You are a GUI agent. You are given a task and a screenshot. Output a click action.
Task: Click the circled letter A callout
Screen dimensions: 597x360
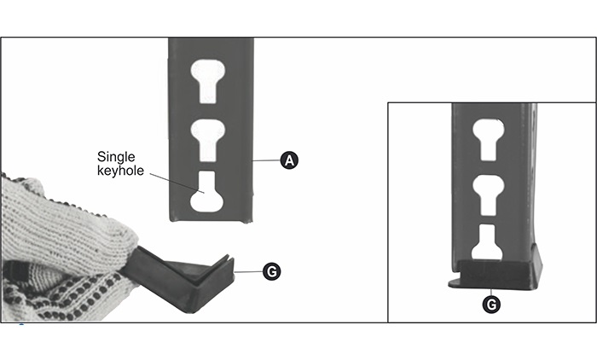tap(289, 160)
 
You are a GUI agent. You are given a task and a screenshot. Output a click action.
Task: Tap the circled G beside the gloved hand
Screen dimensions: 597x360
tap(272, 272)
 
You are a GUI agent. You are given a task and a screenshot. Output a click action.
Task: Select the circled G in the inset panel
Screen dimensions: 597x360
tap(491, 305)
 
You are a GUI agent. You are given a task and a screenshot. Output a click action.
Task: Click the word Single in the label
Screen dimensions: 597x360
tap(116, 157)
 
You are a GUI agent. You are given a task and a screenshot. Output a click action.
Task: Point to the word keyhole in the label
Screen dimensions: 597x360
tap(120, 171)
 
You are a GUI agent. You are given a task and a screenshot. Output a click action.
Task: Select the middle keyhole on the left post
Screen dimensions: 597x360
tap(207, 140)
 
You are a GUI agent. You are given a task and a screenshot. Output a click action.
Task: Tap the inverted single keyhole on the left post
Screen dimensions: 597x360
tap(206, 192)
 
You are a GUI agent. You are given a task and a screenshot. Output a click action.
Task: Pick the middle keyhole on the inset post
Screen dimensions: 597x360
tap(489, 195)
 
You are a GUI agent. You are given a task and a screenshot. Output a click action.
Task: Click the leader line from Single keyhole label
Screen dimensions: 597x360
tap(177, 183)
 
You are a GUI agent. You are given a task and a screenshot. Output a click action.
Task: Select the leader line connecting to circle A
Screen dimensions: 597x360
tap(267, 160)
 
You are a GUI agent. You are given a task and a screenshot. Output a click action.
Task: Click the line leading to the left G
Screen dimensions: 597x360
tap(249, 272)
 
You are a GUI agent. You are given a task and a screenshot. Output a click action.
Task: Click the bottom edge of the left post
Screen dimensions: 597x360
tap(210, 221)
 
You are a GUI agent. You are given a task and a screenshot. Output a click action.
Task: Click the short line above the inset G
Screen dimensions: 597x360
tap(491, 293)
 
